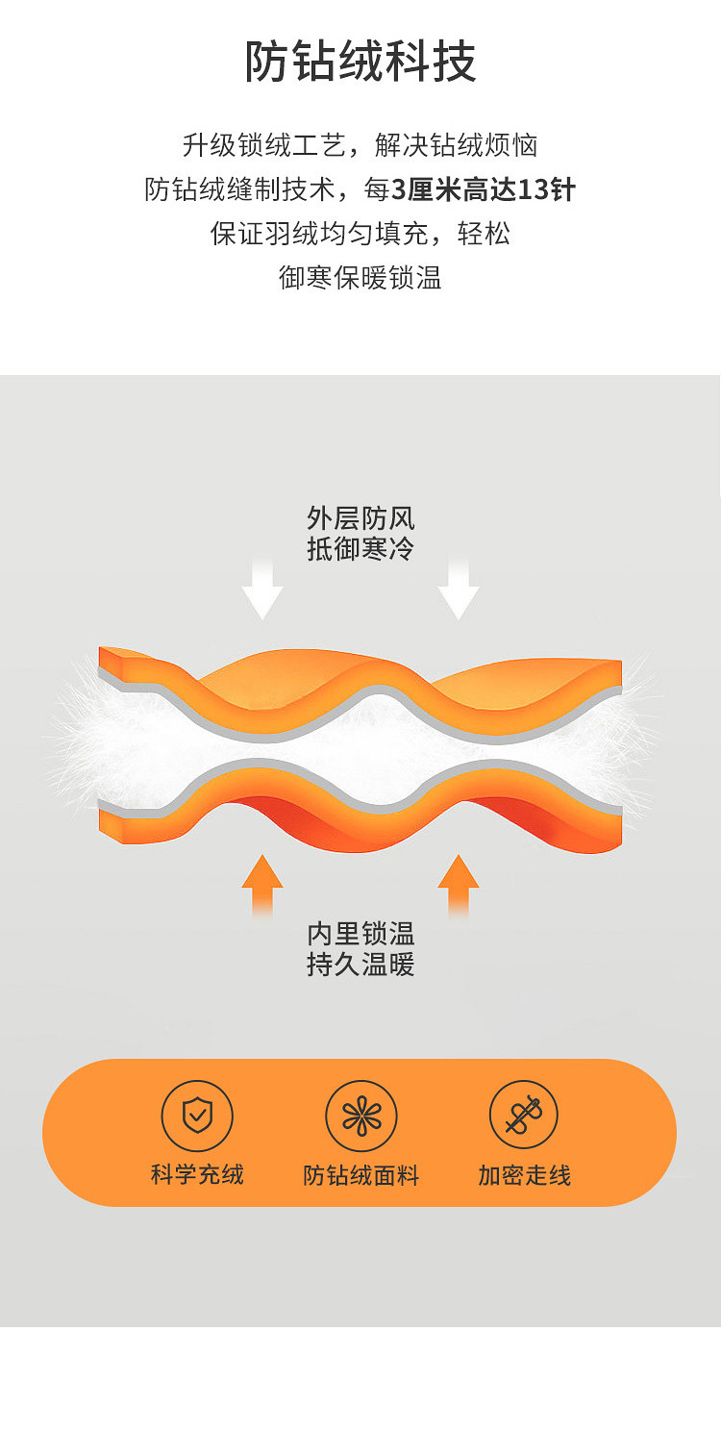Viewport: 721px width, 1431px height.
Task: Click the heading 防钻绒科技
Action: tap(360, 62)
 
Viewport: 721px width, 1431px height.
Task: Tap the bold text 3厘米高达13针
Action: tap(484, 189)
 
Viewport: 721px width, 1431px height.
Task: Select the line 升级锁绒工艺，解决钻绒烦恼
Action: tap(360, 145)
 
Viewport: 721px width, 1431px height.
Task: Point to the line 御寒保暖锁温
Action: tap(360, 278)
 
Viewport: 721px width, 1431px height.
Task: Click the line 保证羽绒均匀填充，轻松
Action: tap(360, 234)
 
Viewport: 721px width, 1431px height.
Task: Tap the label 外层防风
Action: tap(360, 519)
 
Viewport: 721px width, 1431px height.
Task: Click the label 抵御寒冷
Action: tap(360, 549)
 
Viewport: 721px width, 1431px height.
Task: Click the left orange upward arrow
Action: tap(262, 883)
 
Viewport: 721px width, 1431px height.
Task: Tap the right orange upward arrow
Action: tap(459, 883)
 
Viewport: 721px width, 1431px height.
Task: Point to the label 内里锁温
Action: tap(360, 933)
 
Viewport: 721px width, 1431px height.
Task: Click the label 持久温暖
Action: tap(360, 964)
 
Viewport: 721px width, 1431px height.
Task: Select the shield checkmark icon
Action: tap(197, 1116)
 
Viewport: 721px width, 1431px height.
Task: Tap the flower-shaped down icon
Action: tap(360, 1116)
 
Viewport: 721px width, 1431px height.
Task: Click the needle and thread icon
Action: tap(524, 1116)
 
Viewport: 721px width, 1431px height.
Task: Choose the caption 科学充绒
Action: tap(197, 1174)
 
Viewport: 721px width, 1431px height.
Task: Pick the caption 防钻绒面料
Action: tap(360, 1175)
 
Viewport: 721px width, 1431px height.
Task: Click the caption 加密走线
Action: tap(524, 1175)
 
